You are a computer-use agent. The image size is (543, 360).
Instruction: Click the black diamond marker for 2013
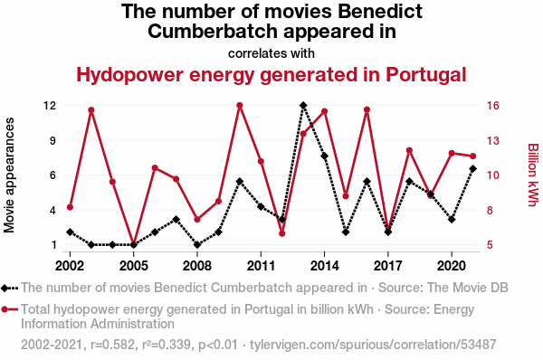click(303, 105)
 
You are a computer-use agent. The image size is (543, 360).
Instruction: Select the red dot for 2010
click(240, 105)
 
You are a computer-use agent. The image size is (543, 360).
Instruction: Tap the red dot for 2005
click(134, 243)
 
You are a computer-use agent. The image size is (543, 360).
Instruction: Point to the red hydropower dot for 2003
click(91, 110)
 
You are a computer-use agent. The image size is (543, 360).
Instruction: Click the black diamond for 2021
click(473, 168)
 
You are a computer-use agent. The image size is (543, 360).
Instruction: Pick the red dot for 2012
click(281, 233)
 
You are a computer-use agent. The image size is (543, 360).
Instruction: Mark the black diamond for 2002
click(70, 232)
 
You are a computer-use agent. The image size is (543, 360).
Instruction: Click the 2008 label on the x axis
click(197, 266)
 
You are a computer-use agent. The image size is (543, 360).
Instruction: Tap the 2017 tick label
click(388, 266)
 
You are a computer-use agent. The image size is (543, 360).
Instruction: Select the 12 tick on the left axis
click(50, 105)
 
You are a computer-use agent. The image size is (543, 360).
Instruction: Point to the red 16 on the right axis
click(493, 105)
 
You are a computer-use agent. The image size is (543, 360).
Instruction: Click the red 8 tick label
click(490, 210)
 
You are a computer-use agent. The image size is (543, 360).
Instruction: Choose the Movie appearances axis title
click(9, 175)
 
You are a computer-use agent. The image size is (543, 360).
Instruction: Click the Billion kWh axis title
click(533, 175)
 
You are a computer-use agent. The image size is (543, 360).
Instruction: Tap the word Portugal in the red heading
click(426, 75)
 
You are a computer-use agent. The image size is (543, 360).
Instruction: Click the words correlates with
click(271, 53)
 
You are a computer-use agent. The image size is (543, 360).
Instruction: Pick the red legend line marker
click(9, 309)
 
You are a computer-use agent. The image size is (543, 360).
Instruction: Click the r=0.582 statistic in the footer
click(112, 345)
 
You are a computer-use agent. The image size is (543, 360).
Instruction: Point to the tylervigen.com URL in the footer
click(373, 345)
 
